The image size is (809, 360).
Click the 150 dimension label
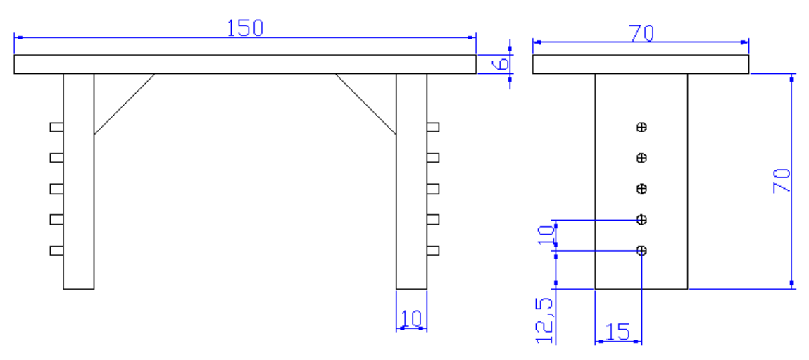[x=245, y=27]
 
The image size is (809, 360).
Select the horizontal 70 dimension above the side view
[x=641, y=33]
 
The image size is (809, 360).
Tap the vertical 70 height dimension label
[x=782, y=181]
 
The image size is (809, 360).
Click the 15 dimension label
[x=617, y=332]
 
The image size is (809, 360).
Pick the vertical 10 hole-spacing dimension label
[x=545, y=234]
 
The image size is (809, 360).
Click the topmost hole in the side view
[x=641, y=128]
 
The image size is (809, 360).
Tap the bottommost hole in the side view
[x=641, y=250]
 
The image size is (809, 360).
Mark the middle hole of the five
[x=641, y=189]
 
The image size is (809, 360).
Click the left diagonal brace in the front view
[x=125, y=104]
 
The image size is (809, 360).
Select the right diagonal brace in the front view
[x=365, y=104]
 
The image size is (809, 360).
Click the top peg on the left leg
[x=56, y=127]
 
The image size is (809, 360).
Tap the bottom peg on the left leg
[x=56, y=250]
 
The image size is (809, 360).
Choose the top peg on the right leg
[x=433, y=127]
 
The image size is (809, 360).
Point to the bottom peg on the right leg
[x=433, y=250]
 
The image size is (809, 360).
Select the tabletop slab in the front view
[x=245, y=64]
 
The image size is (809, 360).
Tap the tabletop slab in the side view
[x=641, y=64]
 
